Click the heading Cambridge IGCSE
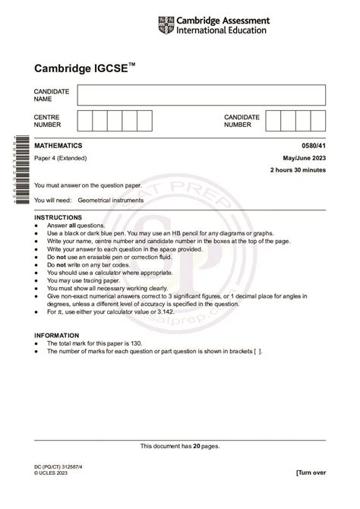[x=82, y=67]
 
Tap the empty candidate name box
[x=201, y=95]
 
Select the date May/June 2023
[x=305, y=158]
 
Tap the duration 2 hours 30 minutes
[x=298, y=171]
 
